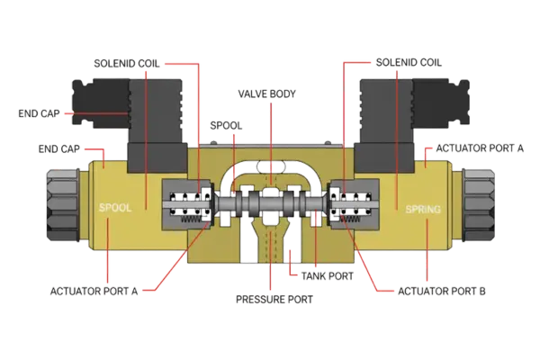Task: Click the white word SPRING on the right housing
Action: (423, 209)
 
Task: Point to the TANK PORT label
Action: (325, 275)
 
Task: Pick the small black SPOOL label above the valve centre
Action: (224, 123)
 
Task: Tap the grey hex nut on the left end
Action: (59, 202)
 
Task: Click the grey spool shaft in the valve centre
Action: (269, 199)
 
